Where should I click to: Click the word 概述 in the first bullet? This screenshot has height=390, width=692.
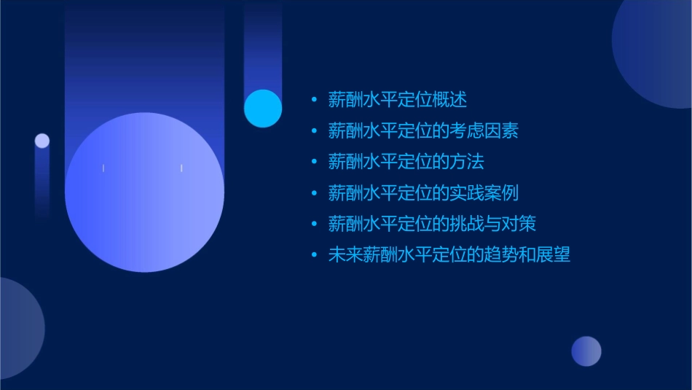[449, 99]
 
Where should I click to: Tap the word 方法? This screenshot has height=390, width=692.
[467, 162]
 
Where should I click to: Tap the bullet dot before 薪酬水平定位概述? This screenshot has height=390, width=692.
[314, 99]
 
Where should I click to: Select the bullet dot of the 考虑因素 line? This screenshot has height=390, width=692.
[314, 130]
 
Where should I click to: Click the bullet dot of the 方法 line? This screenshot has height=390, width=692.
[314, 162]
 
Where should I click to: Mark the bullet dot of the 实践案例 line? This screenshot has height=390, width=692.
[314, 193]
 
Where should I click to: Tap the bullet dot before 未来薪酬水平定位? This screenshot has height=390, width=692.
[314, 255]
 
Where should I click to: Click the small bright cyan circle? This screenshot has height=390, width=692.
[263, 108]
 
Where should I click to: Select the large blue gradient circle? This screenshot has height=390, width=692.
[144, 192]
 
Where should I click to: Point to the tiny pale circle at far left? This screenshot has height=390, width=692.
[42, 141]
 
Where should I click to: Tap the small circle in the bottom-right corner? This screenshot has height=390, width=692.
[586, 351]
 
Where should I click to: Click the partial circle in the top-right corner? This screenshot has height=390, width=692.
[659, 51]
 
